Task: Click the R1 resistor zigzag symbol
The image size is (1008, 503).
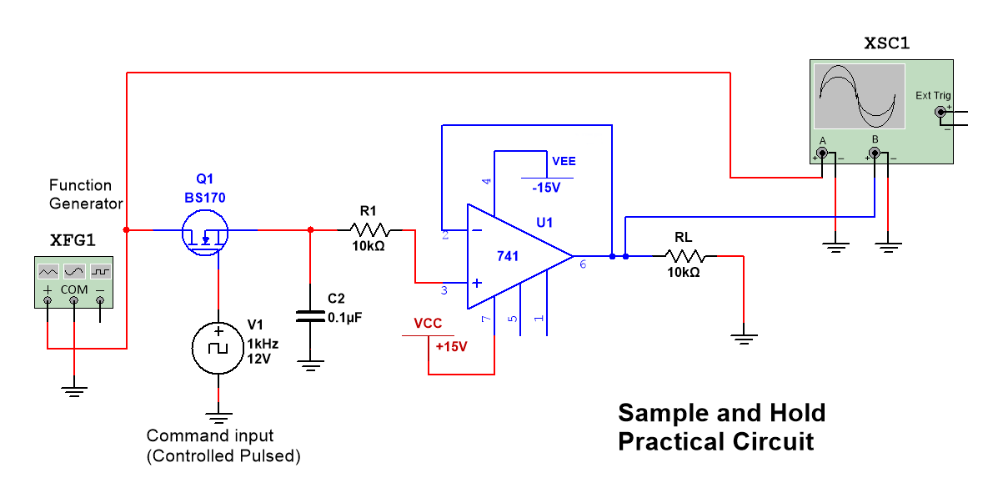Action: point(368,229)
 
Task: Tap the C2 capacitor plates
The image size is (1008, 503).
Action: point(311,316)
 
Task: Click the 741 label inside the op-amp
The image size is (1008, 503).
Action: point(508,256)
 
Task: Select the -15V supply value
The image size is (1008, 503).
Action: point(546,189)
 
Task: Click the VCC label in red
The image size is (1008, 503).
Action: point(428,324)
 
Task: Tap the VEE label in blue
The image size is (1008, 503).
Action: point(563,161)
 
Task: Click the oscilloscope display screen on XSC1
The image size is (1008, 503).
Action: point(860,96)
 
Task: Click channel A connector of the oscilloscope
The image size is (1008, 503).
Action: point(823,153)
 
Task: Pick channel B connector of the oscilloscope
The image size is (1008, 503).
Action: point(875,153)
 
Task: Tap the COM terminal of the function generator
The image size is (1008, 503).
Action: point(74,301)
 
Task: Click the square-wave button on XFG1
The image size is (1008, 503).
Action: point(101,272)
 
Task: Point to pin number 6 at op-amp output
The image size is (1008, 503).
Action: point(582,264)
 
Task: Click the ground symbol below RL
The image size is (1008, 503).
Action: point(743,337)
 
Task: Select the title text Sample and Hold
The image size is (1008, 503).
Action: point(721,413)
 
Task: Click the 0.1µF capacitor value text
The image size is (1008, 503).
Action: point(344,318)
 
